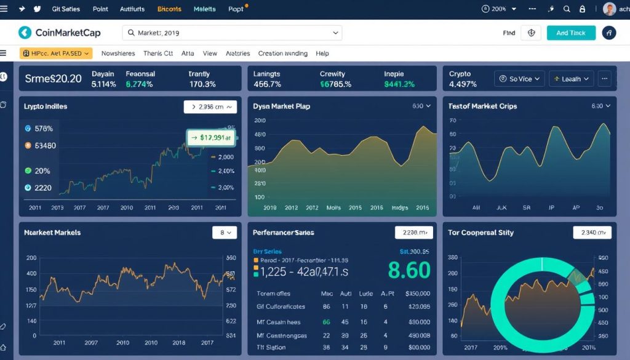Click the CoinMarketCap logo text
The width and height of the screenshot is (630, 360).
[x=68, y=33]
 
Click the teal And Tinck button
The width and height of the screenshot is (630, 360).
[x=571, y=33]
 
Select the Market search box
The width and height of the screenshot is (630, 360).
[x=233, y=33]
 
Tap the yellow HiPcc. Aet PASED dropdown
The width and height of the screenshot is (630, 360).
[x=55, y=54]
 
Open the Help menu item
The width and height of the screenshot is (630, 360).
[x=322, y=54]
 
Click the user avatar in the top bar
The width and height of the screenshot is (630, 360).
[x=609, y=9]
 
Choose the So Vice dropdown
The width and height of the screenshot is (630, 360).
[x=520, y=79]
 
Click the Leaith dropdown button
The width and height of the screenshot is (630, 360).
[x=570, y=79]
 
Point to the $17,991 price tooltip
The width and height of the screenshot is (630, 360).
[x=211, y=138]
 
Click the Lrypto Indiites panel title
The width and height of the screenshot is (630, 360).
[x=46, y=106]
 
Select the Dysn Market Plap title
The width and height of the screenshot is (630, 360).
[x=281, y=106]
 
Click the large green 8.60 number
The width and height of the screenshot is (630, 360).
[x=409, y=270]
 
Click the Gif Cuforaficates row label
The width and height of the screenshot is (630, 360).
[x=281, y=306]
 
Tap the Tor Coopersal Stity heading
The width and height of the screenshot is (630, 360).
[x=480, y=233]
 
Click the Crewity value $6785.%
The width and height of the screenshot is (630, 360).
[x=335, y=84]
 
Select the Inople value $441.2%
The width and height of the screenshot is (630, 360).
[x=399, y=84]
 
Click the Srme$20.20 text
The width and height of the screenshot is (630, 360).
[x=53, y=79]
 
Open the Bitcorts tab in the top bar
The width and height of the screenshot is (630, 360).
[x=169, y=9]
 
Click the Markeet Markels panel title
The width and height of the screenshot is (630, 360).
[x=52, y=233]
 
